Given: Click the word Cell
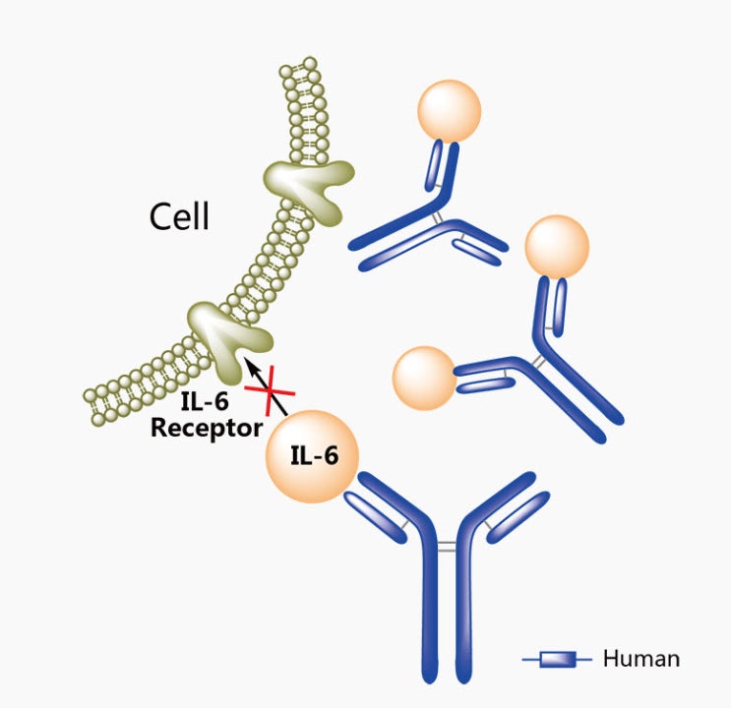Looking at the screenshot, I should coord(179,215).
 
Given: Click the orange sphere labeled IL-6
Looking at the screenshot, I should coord(311,455).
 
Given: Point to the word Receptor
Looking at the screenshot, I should coord(206,428).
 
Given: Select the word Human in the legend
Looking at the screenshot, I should coord(640,658).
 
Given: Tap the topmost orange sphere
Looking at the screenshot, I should coord(449,109).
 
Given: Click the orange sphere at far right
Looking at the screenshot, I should coord(557,248).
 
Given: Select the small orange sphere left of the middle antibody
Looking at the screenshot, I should coord(424,377).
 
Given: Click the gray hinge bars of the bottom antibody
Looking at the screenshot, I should coord(447,545).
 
